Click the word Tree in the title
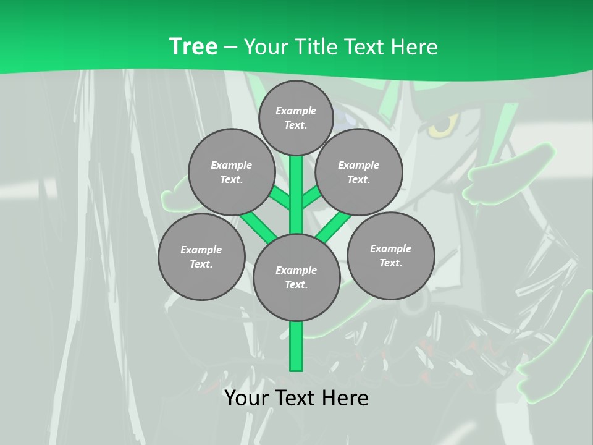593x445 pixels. [193, 46]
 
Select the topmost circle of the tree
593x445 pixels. [296, 118]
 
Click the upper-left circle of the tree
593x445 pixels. [231, 172]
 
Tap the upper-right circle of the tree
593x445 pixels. [358, 172]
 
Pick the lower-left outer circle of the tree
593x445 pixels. [201, 257]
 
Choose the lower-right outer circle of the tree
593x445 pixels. [390, 256]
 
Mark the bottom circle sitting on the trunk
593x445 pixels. [296, 278]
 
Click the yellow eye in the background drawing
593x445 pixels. [440, 127]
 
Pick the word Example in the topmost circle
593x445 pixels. [296, 111]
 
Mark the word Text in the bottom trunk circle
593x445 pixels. [296, 285]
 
